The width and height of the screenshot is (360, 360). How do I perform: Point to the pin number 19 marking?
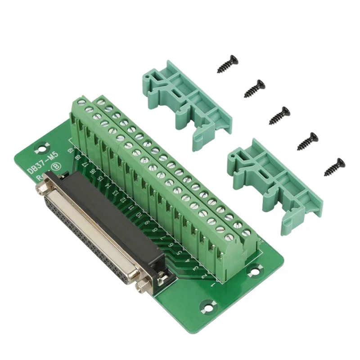click(x=71, y=150)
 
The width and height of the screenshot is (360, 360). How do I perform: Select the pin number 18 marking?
click(x=77, y=157)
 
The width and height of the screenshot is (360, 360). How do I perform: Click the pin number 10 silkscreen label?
click(x=139, y=215)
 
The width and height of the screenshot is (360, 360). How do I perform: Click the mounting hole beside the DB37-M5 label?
click(x=42, y=147)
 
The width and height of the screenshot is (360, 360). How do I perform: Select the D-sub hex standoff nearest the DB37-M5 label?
click(x=44, y=189)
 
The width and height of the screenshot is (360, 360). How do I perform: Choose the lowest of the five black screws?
click(x=335, y=166)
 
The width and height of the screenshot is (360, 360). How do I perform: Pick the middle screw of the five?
click(x=279, y=115)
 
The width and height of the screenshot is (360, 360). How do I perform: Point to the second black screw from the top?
click(x=255, y=88)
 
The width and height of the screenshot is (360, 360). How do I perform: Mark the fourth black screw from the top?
click(x=308, y=141)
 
